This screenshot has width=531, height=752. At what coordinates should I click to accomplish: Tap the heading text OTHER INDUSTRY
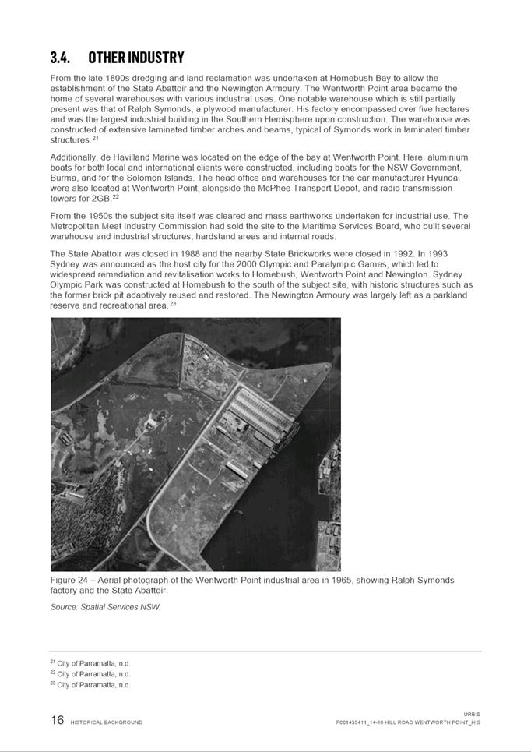[x=136, y=58]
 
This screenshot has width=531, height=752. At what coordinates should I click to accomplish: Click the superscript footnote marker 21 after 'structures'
[x=95, y=139]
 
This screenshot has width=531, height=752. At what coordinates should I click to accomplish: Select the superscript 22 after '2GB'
[x=115, y=197]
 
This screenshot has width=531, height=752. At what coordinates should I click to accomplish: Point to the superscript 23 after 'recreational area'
[x=173, y=304]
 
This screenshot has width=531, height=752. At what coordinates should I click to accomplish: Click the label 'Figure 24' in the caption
[x=71, y=581]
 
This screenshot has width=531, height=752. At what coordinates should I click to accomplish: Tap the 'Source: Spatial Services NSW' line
[x=105, y=606]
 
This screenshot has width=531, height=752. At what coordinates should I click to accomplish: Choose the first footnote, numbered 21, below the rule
[x=90, y=663]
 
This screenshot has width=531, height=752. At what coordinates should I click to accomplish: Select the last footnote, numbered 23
[x=90, y=685]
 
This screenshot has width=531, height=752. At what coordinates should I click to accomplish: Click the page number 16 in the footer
[x=58, y=720]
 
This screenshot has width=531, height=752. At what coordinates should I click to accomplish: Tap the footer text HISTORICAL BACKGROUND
[x=107, y=722]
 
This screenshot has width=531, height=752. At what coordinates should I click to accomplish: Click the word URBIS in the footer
[x=472, y=714]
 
